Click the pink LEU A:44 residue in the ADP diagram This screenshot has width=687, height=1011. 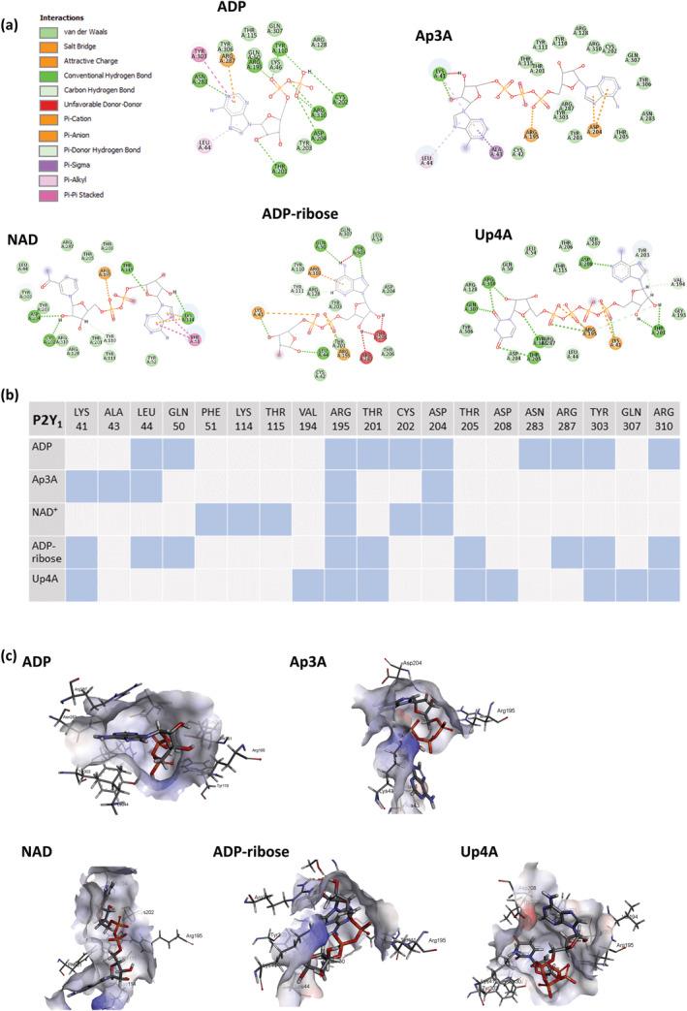[205, 145]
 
